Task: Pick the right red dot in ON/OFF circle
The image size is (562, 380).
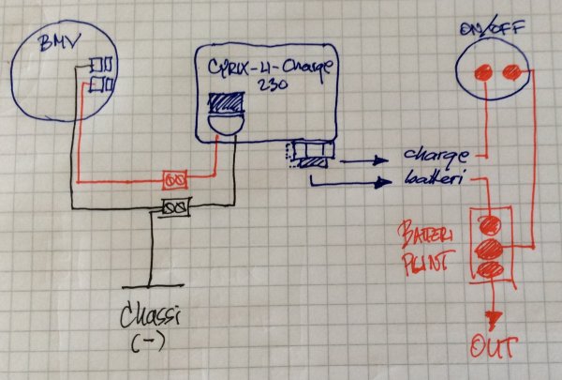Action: [x=511, y=71]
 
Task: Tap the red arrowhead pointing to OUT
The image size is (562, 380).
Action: [x=489, y=319]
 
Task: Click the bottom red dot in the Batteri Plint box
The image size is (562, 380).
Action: [x=489, y=270]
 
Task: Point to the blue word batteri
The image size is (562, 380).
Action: [x=433, y=176]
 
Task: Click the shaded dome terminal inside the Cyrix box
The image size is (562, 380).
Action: [x=226, y=115]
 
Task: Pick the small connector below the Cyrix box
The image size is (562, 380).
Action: [x=308, y=155]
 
